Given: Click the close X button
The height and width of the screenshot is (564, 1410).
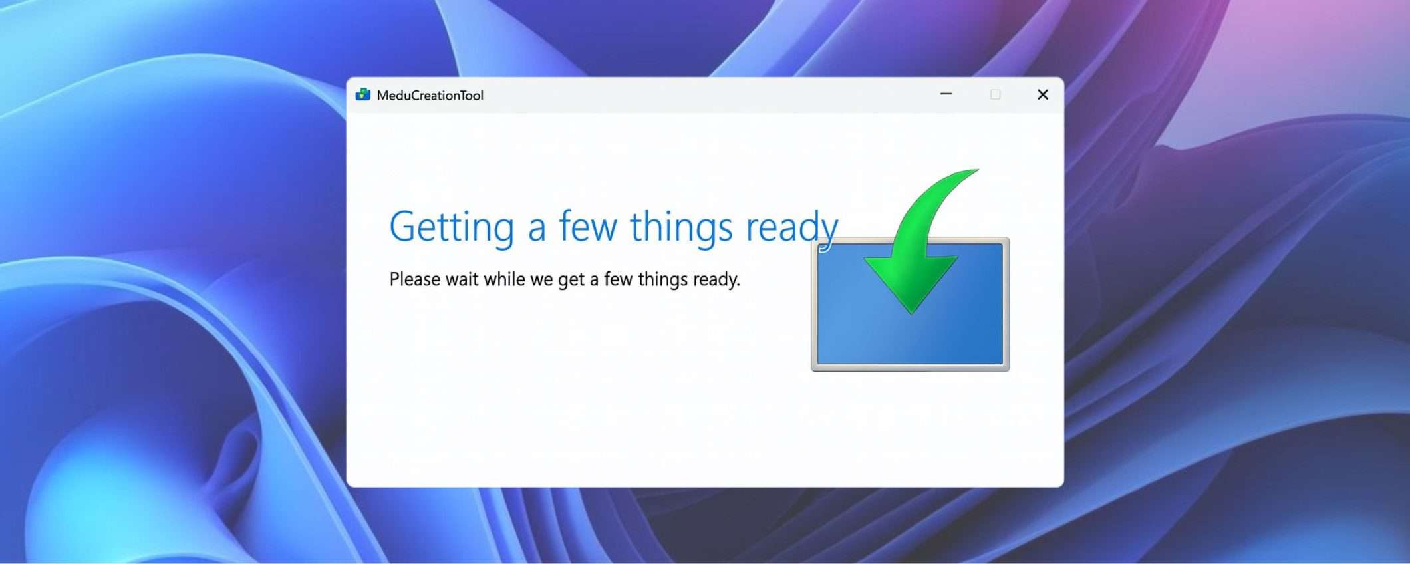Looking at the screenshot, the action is [x=1042, y=94].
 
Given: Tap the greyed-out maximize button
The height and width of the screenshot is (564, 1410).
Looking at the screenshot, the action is [x=995, y=94].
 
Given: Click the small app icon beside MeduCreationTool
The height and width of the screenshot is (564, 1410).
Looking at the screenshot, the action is [x=363, y=94].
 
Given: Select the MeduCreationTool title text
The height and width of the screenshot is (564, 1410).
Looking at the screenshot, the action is [x=430, y=95].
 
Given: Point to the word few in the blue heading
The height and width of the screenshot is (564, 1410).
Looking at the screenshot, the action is [x=587, y=226].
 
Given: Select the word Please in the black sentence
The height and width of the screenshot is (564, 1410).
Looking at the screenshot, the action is [x=414, y=279].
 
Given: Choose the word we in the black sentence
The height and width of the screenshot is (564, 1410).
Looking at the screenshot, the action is [x=541, y=281].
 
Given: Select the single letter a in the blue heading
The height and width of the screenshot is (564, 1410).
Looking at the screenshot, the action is [x=537, y=229].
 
